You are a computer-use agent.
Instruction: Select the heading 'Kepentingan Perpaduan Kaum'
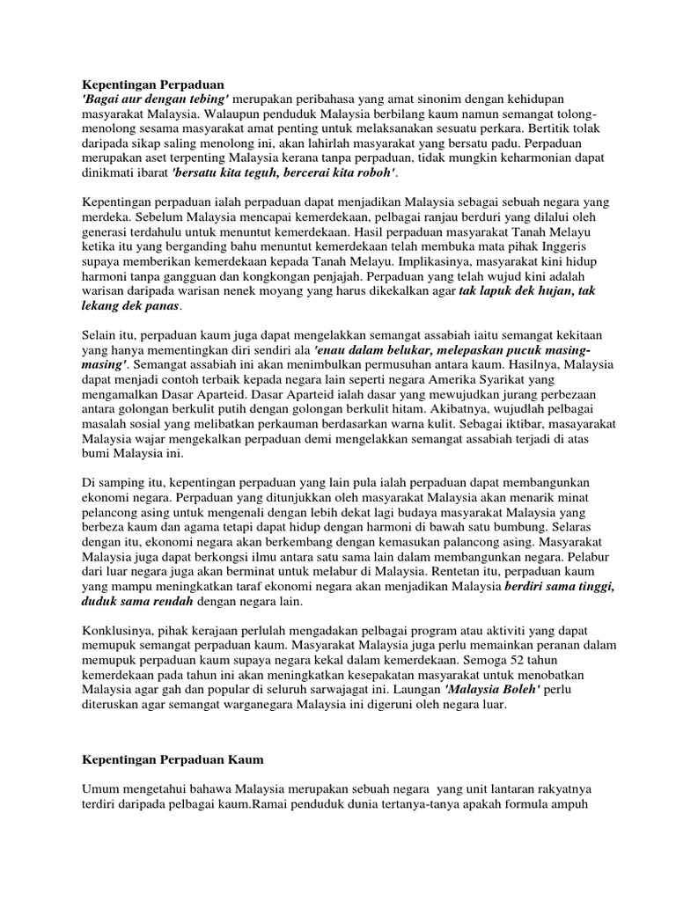173,758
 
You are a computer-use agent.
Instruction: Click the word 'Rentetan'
428,572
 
